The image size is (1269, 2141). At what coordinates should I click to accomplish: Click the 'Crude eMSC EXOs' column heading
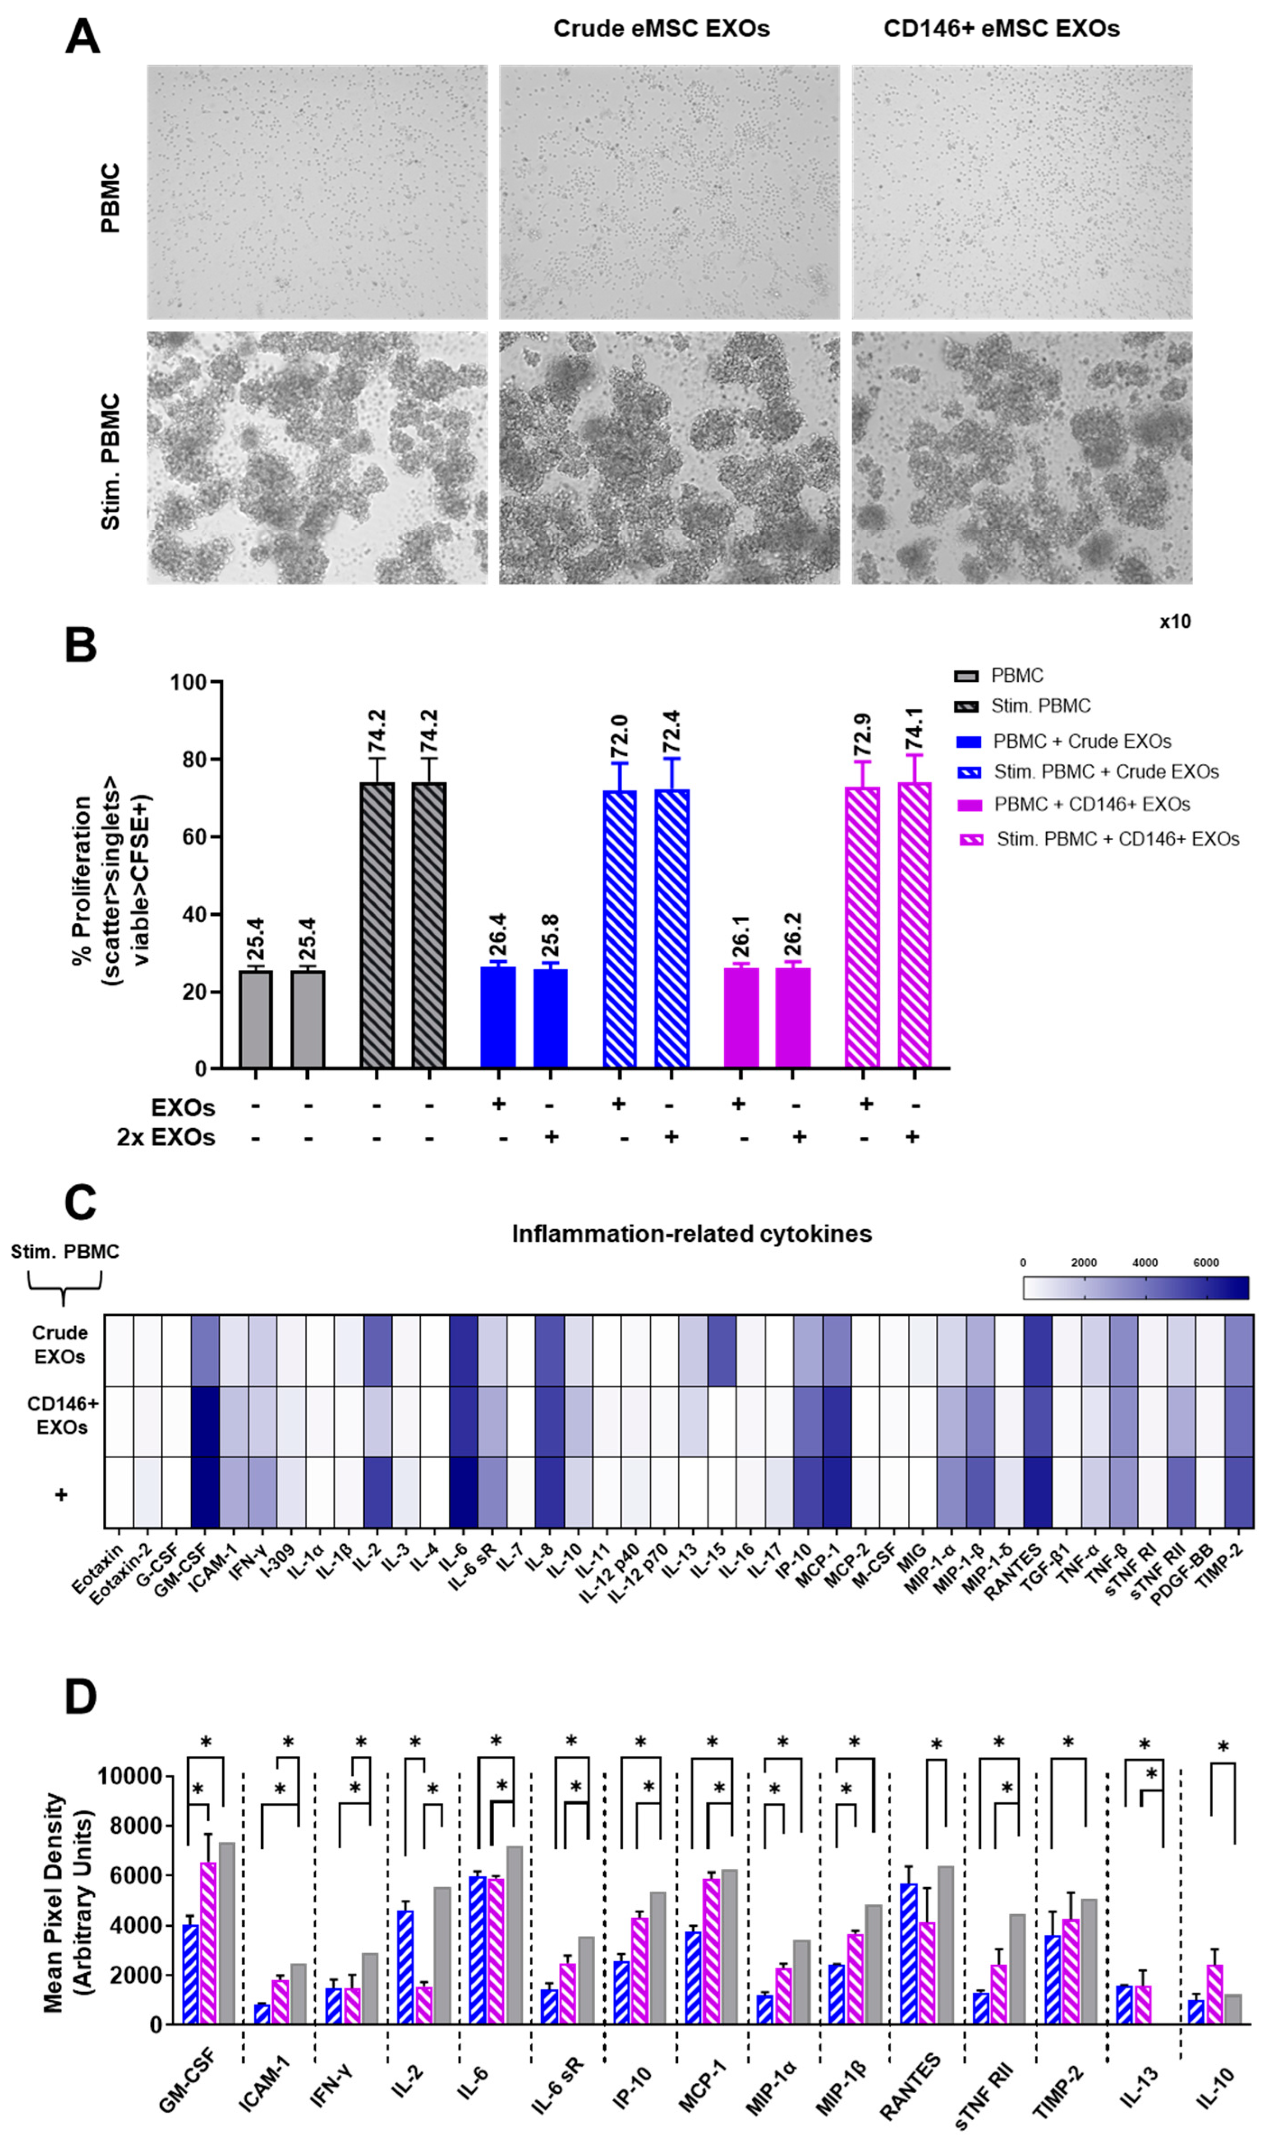click(661, 29)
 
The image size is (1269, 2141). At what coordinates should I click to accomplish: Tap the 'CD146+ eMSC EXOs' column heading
click(1001, 29)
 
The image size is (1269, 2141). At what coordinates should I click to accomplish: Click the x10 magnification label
click(1174, 622)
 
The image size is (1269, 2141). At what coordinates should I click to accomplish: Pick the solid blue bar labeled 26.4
click(498, 1017)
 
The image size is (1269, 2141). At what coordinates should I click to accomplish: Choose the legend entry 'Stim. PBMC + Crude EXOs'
click(1106, 772)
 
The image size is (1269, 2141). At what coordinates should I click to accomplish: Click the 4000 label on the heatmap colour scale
click(1144, 1263)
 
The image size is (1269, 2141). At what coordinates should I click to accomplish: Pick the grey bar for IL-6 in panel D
click(514, 1935)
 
